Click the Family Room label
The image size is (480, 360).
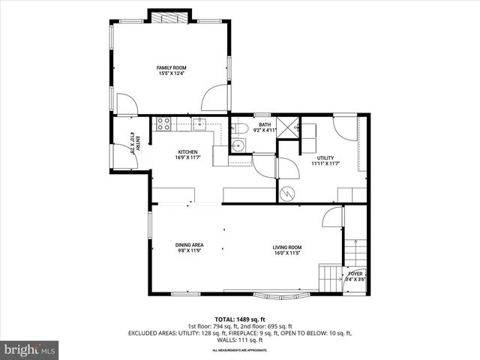click(x=171, y=67)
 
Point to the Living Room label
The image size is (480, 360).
click(x=286, y=247)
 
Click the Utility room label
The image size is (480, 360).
click(x=325, y=157)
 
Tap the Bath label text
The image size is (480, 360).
click(x=265, y=124)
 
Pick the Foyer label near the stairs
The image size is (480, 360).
click(x=355, y=274)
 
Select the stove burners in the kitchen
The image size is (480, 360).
click(x=163, y=124)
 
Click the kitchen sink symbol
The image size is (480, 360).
click(x=199, y=124)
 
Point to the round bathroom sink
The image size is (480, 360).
click(x=238, y=145)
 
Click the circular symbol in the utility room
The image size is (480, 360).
click(x=286, y=193)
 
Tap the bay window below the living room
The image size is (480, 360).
click(x=276, y=295)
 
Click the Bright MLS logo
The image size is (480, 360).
click(x=30, y=349)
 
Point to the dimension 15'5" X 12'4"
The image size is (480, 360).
click(x=171, y=73)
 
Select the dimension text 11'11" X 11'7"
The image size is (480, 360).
click(x=325, y=163)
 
